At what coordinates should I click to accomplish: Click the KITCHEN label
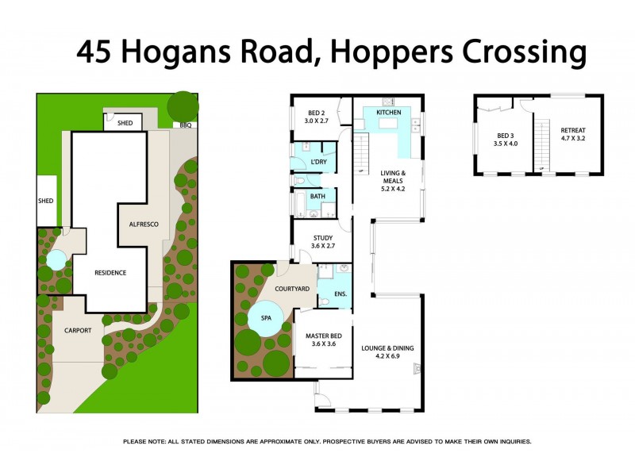tap(389, 113)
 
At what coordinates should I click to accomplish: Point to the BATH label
tap(317, 195)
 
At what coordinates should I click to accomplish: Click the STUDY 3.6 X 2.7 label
tap(322, 241)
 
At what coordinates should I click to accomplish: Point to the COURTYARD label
tap(292, 289)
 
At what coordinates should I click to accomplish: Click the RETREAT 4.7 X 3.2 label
tap(573, 134)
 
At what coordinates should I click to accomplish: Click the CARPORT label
tap(78, 330)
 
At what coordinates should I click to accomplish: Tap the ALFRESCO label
tap(144, 225)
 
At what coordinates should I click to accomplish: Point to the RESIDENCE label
tap(110, 272)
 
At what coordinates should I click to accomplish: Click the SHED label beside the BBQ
tap(125, 124)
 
